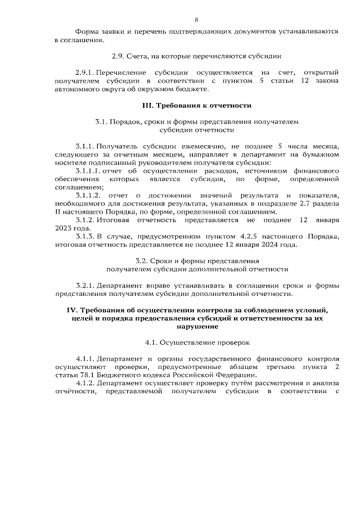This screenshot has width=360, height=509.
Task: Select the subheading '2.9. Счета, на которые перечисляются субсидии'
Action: pyautogui.click(x=196, y=57)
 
